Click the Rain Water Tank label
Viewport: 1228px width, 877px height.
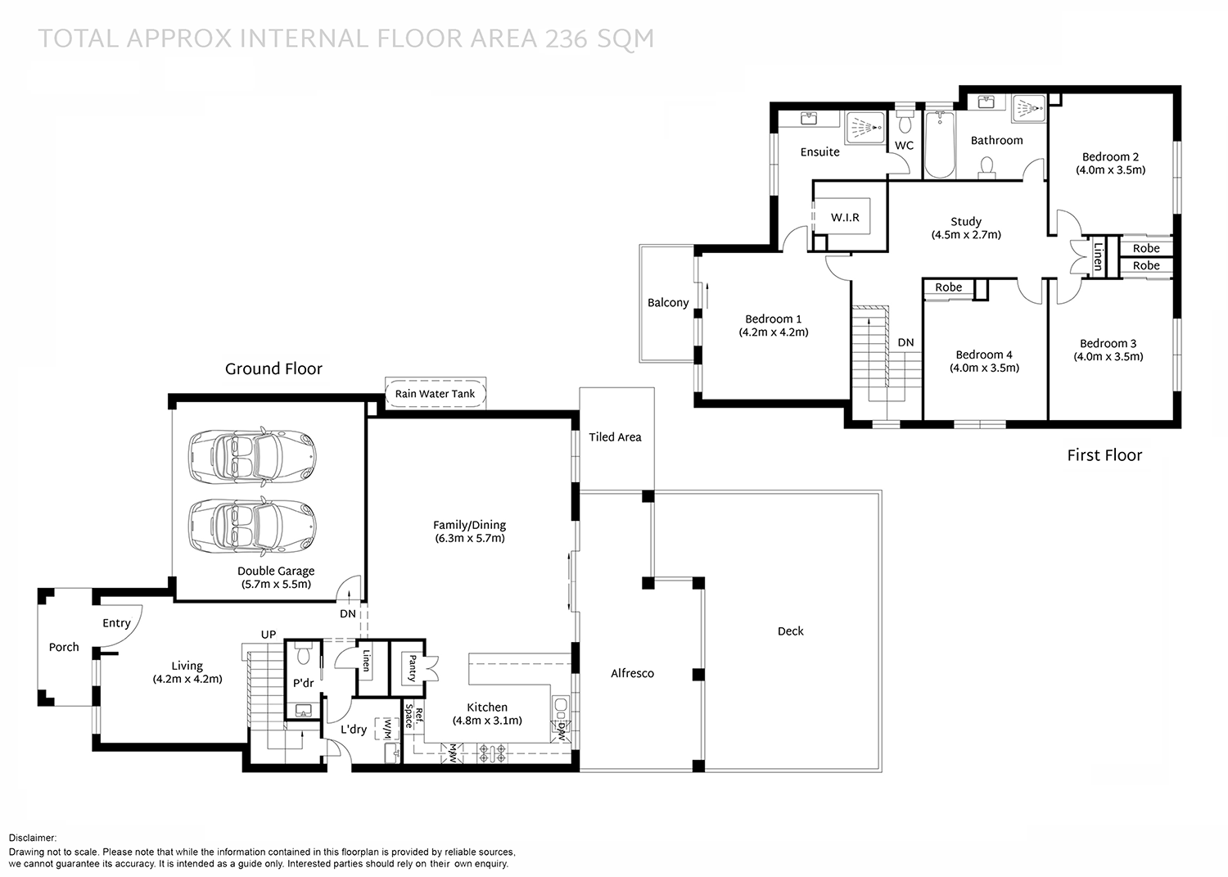(x=435, y=394)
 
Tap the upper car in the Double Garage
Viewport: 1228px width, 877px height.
(x=251, y=456)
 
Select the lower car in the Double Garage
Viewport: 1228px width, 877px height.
(x=251, y=526)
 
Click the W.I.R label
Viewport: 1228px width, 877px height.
(x=845, y=218)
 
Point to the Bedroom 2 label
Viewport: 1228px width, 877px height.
(x=1110, y=157)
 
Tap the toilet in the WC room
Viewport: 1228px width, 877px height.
(x=905, y=124)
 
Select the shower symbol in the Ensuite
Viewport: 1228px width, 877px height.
(x=865, y=128)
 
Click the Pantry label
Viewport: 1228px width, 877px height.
(x=412, y=667)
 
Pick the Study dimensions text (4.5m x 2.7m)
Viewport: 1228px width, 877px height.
(x=966, y=235)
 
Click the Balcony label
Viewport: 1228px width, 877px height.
(x=668, y=303)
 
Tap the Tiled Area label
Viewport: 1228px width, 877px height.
(x=615, y=437)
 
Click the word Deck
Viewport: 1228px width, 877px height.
(x=790, y=631)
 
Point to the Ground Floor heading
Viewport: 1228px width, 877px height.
(x=273, y=369)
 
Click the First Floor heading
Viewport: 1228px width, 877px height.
(x=1104, y=455)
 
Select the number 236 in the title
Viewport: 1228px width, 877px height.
(x=563, y=38)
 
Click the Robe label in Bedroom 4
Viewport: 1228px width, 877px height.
(x=948, y=287)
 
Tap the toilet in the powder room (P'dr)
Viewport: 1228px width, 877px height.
(x=303, y=654)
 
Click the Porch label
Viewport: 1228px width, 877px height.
(x=64, y=648)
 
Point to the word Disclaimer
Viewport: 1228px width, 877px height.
(x=33, y=838)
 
